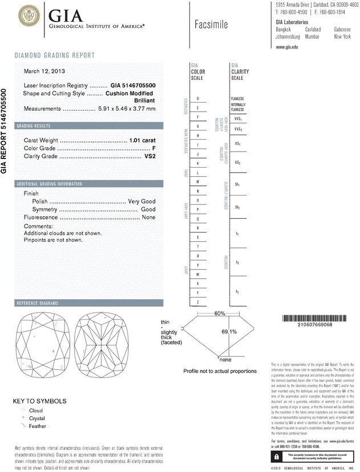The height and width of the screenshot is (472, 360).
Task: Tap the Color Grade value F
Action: (x=154, y=148)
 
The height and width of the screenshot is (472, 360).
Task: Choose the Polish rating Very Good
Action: (x=142, y=202)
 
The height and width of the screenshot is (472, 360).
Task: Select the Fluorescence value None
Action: (x=149, y=218)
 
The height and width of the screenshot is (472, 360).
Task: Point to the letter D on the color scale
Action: (x=198, y=99)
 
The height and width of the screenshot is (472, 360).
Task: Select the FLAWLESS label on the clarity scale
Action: (x=238, y=98)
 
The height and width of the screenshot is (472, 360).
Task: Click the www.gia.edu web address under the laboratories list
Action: (x=287, y=47)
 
